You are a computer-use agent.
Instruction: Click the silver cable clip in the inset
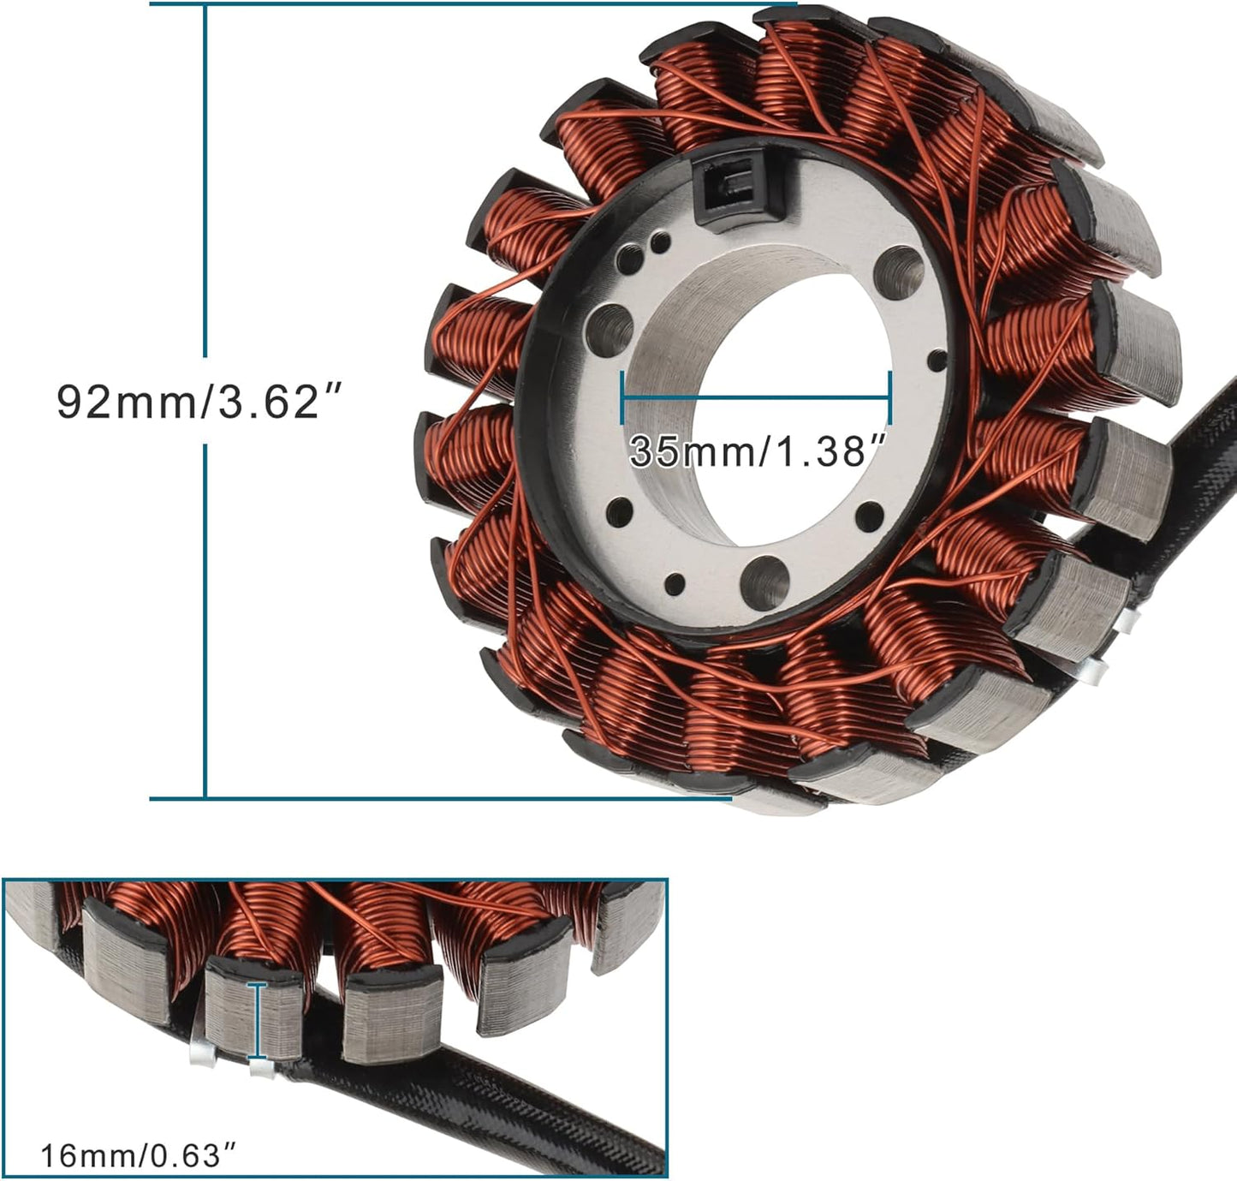(201, 1049)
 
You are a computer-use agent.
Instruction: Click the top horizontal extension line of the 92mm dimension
(471, 3)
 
